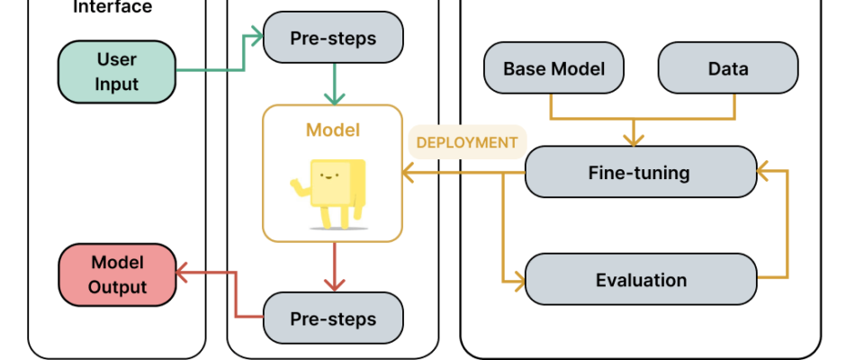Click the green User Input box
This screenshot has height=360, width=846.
[117, 72]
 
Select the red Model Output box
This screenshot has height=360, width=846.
[117, 274]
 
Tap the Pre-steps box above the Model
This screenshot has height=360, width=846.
[333, 37]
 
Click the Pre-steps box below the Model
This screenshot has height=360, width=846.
[333, 318]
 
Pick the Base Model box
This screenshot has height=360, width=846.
[553, 68]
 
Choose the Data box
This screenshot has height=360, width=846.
[728, 68]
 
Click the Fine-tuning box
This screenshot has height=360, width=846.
[641, 172]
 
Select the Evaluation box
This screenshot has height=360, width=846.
[641, 280]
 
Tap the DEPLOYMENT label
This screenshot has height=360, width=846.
[467, 142]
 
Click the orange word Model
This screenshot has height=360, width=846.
[333, 130]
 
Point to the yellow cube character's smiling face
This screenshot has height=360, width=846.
[329, 175]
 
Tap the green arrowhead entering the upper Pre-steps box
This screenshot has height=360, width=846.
[255, 37]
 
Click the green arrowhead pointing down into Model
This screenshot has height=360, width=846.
[335, 98]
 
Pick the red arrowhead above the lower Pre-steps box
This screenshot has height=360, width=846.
[335, 284]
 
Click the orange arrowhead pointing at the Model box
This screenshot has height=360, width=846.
[408, 174]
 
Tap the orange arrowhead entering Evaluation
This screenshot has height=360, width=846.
[518, 281]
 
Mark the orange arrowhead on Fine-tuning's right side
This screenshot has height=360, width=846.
[763, 171]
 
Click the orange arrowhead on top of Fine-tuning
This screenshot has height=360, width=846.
[634, 139]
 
